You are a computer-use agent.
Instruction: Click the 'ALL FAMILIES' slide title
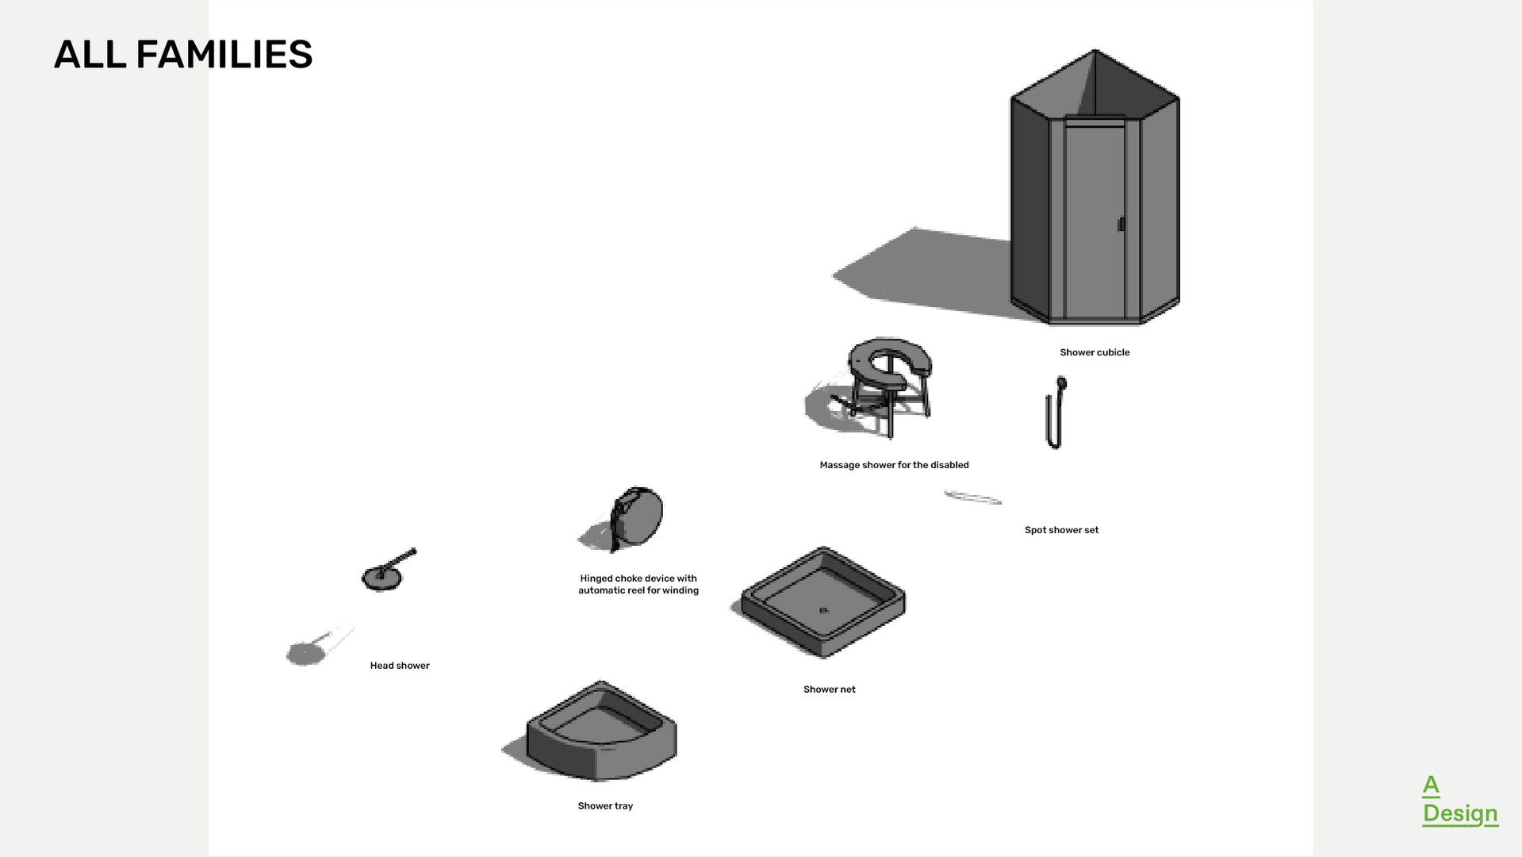[183, 55]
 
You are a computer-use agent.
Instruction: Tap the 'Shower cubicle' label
[1095, 352]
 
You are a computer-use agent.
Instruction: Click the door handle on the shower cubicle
[1121, 225]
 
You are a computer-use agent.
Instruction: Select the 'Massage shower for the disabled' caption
[894, 465]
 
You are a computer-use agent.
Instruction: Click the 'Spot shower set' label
[1061, 530]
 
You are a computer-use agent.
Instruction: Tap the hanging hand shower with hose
[1056, 413]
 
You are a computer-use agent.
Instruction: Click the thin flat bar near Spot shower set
[972, 498]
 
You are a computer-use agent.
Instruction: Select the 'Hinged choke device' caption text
[638, 584]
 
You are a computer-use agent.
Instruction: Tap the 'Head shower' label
[400, 666]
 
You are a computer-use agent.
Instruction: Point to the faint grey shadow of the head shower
[306, 652]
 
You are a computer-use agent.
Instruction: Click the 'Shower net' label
[829, 690]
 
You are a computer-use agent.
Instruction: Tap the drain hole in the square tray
[823, 610]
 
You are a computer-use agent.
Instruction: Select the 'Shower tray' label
[605, 806]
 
